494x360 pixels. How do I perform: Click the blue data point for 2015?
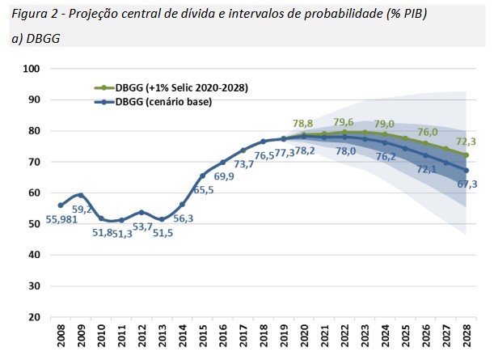[203, 176]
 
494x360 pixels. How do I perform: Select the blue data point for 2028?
[467, 170]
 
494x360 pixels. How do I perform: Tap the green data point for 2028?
[467, 155]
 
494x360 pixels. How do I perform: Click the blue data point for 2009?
[81, 195]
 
